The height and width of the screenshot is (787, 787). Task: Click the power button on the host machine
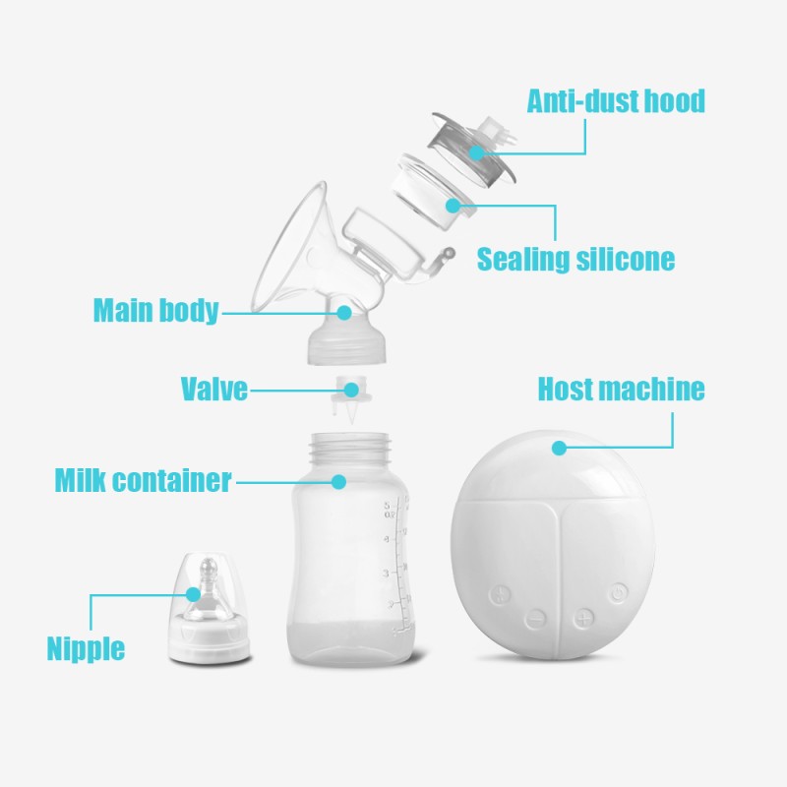(617, 592)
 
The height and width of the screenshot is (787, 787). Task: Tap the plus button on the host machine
(585, 619)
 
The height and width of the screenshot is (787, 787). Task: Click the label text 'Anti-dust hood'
(616, 101)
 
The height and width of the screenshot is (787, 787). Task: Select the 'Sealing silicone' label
(575, 260)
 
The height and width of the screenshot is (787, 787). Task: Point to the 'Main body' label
(155, 311)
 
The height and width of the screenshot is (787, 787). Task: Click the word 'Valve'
(213, 389)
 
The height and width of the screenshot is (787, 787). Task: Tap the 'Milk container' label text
(143, 481)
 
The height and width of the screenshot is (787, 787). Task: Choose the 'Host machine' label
(621, 389)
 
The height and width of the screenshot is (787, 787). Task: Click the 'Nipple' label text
(86, 648)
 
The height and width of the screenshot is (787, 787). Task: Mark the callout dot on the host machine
(559, 448)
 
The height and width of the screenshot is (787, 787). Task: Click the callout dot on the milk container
(338, 482)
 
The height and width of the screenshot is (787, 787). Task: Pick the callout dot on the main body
(343, 312)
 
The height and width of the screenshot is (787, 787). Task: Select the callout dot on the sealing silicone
(453, 206)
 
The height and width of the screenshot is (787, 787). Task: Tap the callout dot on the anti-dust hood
(476, 151)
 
